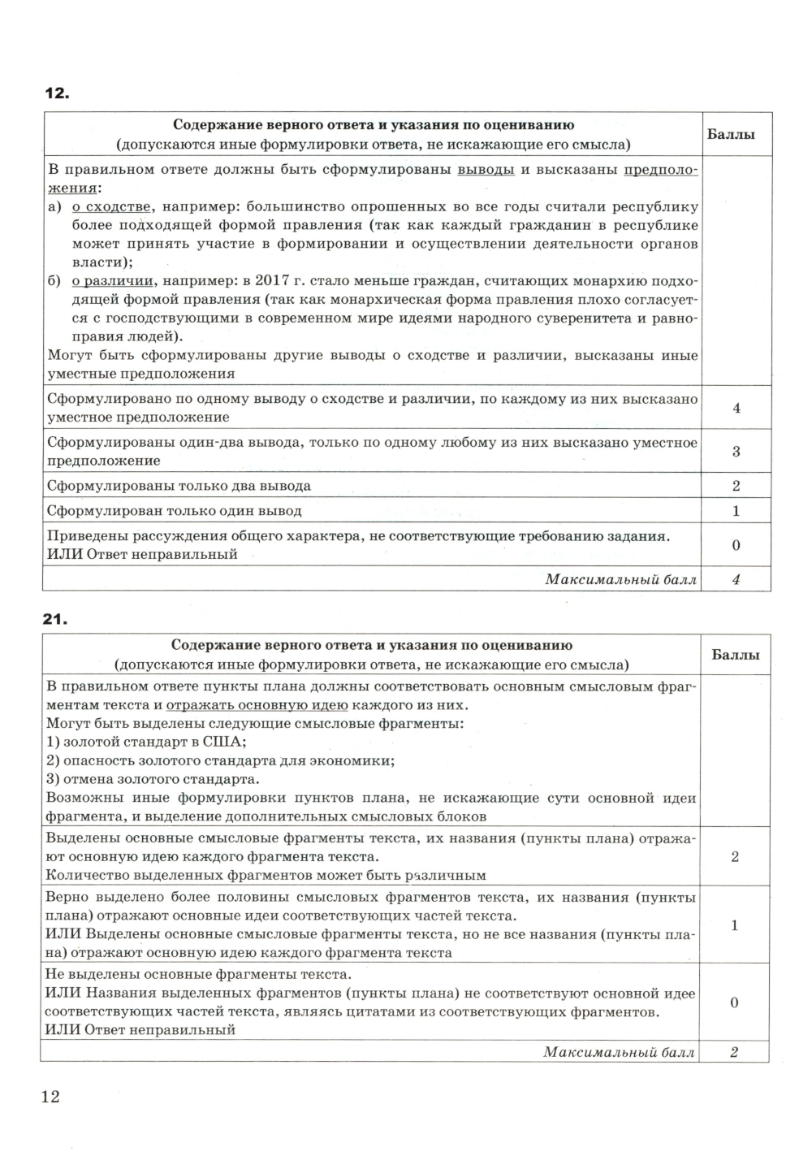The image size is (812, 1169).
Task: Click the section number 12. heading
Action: point(56,94)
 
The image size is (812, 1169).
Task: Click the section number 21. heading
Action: point(56,619)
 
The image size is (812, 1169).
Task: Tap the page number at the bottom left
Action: point(50,1097)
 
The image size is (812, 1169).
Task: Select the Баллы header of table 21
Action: point(735,655)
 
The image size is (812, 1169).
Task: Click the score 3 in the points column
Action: point(736,451)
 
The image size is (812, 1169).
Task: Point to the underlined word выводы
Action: point(486,170)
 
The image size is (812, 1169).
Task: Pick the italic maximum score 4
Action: point(736,579)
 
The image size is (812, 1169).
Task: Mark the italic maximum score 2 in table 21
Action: point(734,1052)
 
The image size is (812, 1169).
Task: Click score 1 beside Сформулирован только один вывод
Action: point(736,511)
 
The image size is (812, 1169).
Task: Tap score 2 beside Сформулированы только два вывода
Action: point(736,486)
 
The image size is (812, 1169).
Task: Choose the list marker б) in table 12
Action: point(54,281)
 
